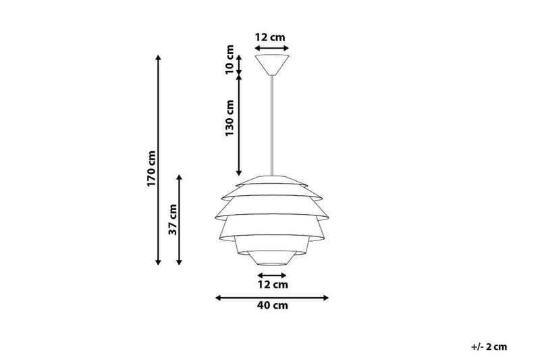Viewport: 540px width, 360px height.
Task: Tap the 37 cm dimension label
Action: [173, 219]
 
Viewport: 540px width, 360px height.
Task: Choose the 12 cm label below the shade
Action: [273, 285]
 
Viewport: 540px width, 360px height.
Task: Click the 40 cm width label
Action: [272, 306]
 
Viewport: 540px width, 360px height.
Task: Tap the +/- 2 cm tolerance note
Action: [489, 347]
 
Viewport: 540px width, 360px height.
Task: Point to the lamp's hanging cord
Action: [272, 122]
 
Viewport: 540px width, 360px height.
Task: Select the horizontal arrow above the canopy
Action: [272, 48]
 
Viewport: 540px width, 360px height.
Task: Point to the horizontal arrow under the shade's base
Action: [272, 276]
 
